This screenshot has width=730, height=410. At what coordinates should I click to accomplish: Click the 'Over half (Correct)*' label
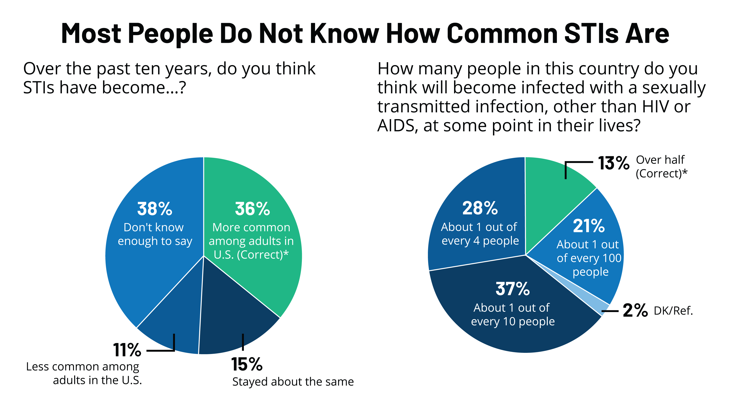(661, 167)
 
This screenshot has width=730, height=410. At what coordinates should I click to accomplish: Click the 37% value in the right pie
(512, 289)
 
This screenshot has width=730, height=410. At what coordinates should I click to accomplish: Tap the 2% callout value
(635, 310)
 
